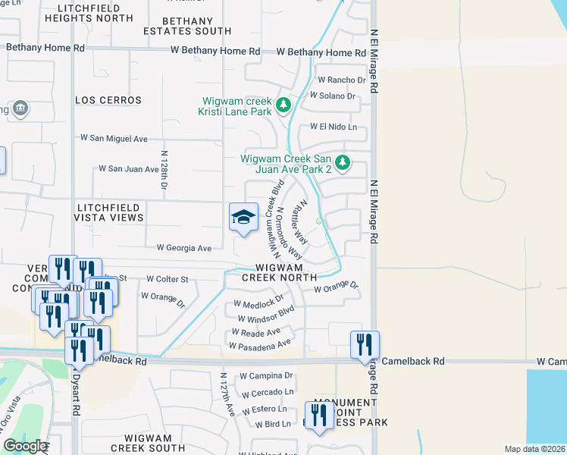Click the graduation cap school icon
pyautogui.click(x=243, y=217)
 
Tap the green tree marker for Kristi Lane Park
pyautogui.click(x=283, y=104)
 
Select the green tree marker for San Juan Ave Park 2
pyautogui.click(x=343, y=162)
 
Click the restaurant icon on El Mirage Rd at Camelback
pyautogui.click(x=365, y=344)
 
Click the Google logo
pyautogui.click(x=24, y=446)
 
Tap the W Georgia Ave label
pyautogui.click(x=184, y=247)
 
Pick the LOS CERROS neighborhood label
pyautogui.click(x=108, y=100)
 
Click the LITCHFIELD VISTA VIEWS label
pyautogui.click(x=108, y=212)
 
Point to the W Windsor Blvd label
pyautogui.click(x=265, y=315)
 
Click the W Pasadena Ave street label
pyautogui.click(x=260, y=345)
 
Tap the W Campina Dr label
pyautogui.click(x=266, y=375)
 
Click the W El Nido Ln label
pyautogui.click(x=332, y=127)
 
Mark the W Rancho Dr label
pyautogui.click(x=337, y=80)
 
